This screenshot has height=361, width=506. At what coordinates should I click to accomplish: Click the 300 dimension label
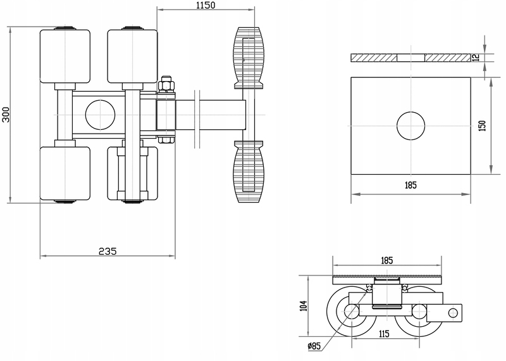click(x=6, y=115)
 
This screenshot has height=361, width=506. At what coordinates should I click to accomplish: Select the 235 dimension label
click(x=108, y=251)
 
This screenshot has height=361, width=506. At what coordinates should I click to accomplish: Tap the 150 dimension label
click(x=482, y=125)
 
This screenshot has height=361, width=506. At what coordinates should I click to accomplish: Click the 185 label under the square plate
click(x=410, y=186)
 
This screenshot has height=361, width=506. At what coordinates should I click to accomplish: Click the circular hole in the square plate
click(x=410, y=125)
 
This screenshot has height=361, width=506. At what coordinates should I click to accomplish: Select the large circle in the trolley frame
click(x=99, y=115)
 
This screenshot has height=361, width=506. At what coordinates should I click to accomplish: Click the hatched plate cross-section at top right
click(x=410, y=58)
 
